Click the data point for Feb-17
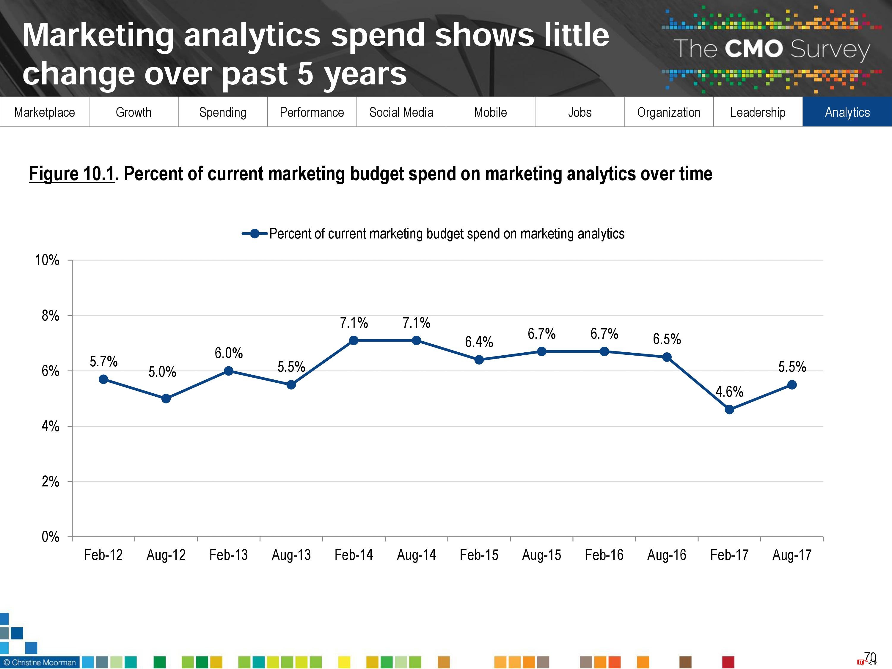729,410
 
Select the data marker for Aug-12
166,399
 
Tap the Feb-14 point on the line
354,340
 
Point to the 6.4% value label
479,342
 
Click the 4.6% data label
729,392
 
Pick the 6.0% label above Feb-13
229,353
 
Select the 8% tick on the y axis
51,316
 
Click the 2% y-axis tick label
51,481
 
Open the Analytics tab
847,112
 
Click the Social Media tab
401,112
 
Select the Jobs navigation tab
580,112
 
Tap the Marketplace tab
44,112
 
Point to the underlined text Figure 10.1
72,174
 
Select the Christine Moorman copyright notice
40,662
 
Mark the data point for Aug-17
792,385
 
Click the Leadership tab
758,112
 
